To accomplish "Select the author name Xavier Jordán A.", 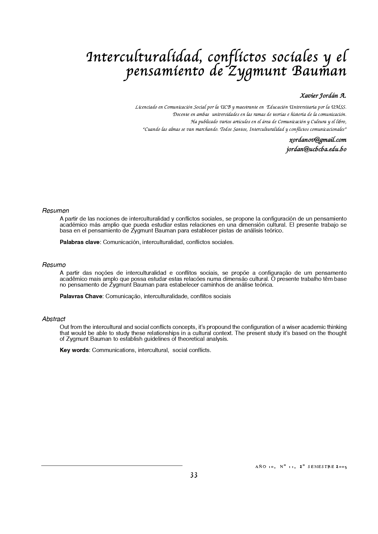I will (323, 96).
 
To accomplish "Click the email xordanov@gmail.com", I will (318, 140).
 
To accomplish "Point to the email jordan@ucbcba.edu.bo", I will (316, 149).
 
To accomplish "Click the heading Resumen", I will (55, 211).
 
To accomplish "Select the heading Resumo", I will (54, 265).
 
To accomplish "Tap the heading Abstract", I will (54, 319).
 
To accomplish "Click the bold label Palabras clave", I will (80, 242).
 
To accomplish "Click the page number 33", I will (194, 475).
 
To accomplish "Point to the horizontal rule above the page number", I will (112, 466).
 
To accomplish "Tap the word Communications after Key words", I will (113, 350).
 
